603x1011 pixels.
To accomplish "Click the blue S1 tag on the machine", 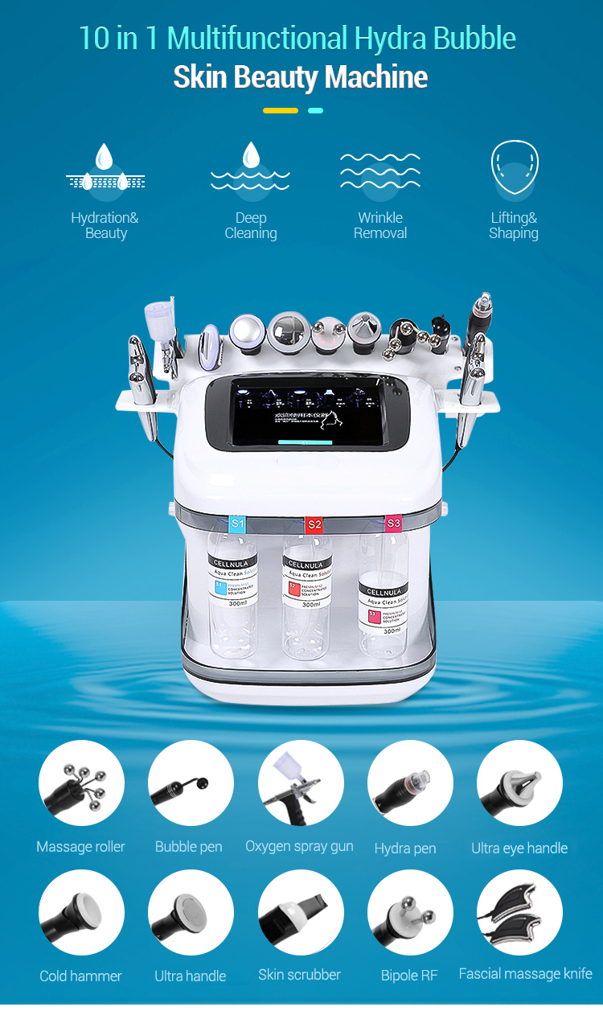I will point(237,524).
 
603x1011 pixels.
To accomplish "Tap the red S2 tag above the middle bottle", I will point(314,524).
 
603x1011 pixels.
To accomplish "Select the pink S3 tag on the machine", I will point(393,523).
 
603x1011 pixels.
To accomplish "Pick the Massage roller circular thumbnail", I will point(81,783).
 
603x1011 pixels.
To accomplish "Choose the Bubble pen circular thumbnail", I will point(191,783).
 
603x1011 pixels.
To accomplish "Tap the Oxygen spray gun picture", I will point(300,783).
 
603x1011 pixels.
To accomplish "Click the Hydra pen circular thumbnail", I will point(410,783).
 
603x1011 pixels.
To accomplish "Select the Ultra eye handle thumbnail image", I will point(519,783).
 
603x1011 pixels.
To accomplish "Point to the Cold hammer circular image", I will point(81,912).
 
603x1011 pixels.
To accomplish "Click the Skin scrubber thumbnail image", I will point(300,912).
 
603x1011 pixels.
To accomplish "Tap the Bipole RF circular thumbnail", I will point(410,912).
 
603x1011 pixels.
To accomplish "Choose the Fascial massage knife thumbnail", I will point(519,912).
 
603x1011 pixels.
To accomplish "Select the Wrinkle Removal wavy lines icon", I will point(380,170).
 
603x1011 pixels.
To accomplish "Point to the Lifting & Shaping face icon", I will point(514,170).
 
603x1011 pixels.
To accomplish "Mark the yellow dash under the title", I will point(281,110).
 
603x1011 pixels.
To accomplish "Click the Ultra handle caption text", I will point(191,976).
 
